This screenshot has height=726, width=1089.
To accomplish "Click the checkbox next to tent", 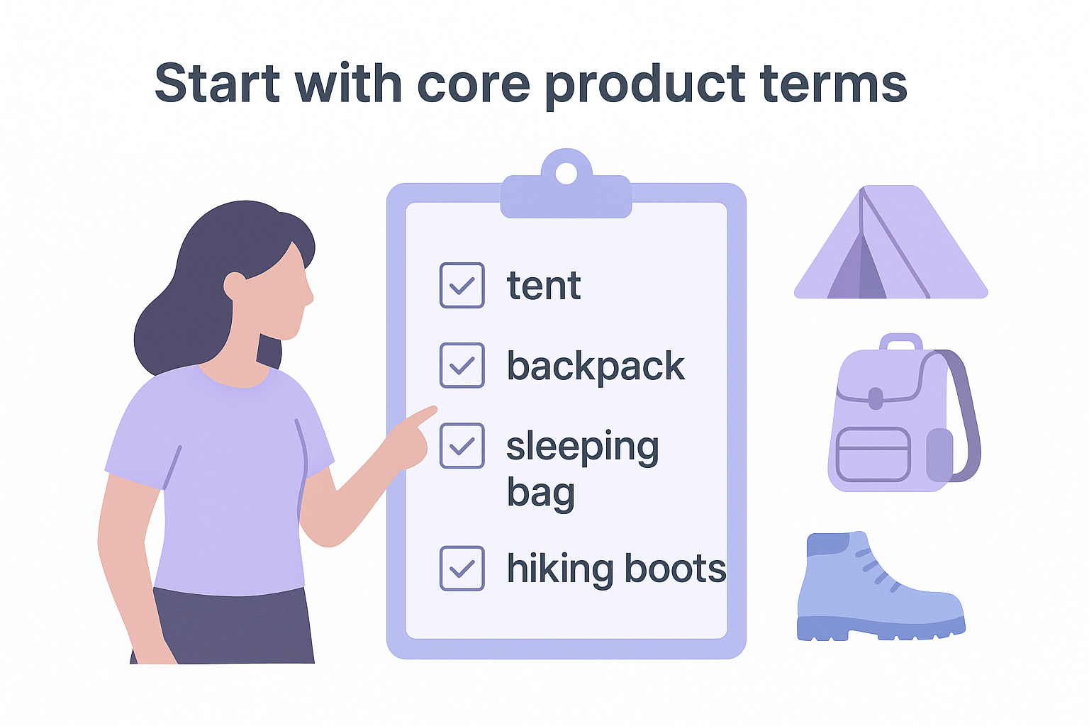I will point(462,285).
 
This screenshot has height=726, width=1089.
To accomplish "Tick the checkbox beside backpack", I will point(462,365).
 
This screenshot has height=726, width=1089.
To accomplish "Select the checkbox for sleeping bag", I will point(462,446).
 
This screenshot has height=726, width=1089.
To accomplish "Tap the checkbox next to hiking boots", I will point(462,568).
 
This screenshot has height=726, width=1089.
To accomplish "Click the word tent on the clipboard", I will point(544,286).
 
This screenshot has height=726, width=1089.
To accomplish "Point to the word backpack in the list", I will point(596,367).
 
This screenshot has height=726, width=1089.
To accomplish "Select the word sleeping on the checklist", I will point(582,448).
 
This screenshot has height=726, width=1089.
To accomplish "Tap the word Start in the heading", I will point(217,83).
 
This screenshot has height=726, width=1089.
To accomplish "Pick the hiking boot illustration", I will point(879,588).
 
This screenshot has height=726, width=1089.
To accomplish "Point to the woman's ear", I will point(234,286).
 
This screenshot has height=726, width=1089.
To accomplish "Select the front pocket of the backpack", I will point(873,454).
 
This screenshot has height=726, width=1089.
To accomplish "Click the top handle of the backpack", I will point(900,342).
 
